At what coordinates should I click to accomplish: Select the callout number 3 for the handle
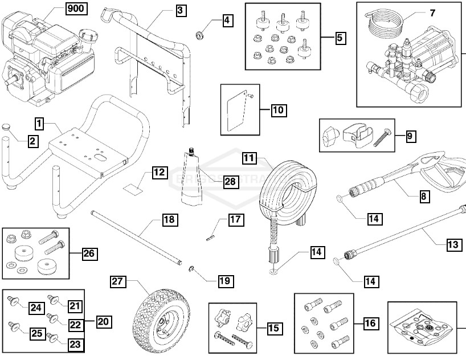(x=180, y=10)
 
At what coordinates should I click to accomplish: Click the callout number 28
(x=214, y=182)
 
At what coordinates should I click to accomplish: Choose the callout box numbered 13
(x=453, y=244)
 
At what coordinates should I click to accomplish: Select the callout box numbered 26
(x=89, y=254)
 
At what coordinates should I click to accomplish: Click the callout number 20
(x=103, y=321)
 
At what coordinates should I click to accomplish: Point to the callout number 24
(x=36, y=308)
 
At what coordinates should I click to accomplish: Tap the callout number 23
(x=75, y=344)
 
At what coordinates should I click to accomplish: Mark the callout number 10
(x=278, y=110)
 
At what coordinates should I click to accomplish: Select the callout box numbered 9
(x=411, y=136)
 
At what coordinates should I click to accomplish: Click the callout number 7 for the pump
(x=432, y=13)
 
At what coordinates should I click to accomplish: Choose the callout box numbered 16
(x=370, y=324)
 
